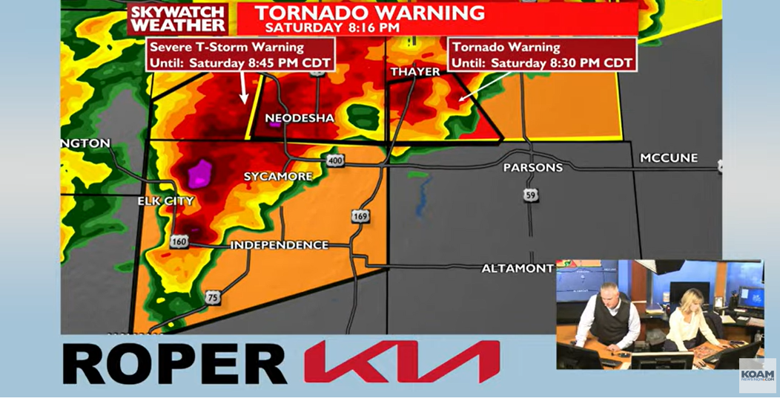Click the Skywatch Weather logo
click(x=178, y=19)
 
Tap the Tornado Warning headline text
click(x=369, y=12)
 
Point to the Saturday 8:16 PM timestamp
click(x=332, y=27)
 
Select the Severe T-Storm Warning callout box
click(x=241, y=54)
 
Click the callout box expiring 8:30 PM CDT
click(x=543, y=54)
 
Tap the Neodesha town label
click(x=300, y=118)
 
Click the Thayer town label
click(x=415, y=71)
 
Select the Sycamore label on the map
click(x=278, y=176)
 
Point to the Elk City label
click(x=165, y=201)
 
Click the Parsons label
click(x=532, y=168)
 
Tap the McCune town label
click(x=668, y=158)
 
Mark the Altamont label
click(x=517, y=268)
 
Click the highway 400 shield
click(x=334, y=160)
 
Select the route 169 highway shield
click(x=360, y=216)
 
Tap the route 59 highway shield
click(x=529, y=195)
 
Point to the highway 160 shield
click(x=178, y=241)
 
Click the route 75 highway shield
click(x=212, y=298)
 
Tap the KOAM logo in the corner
click(x=757, y=376)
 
